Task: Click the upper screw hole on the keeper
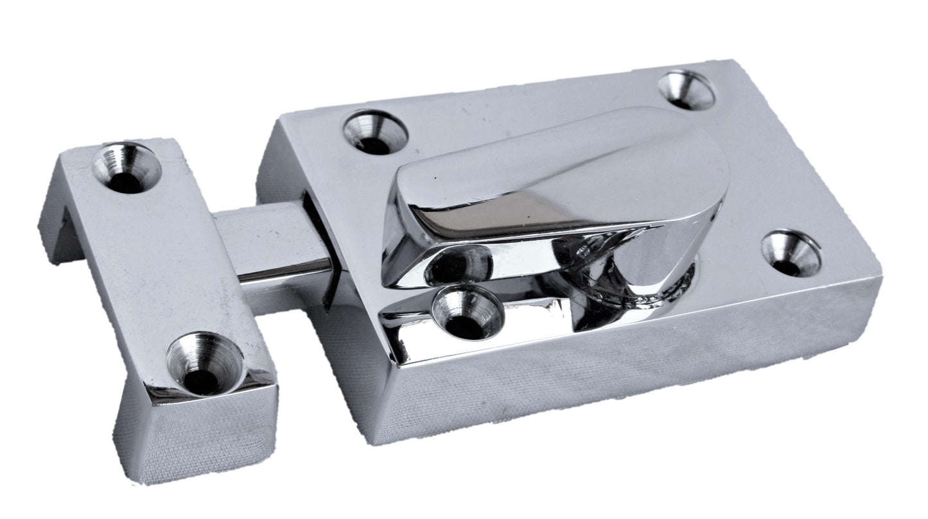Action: pos(127,168)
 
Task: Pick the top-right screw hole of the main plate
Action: pos(687,90)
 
